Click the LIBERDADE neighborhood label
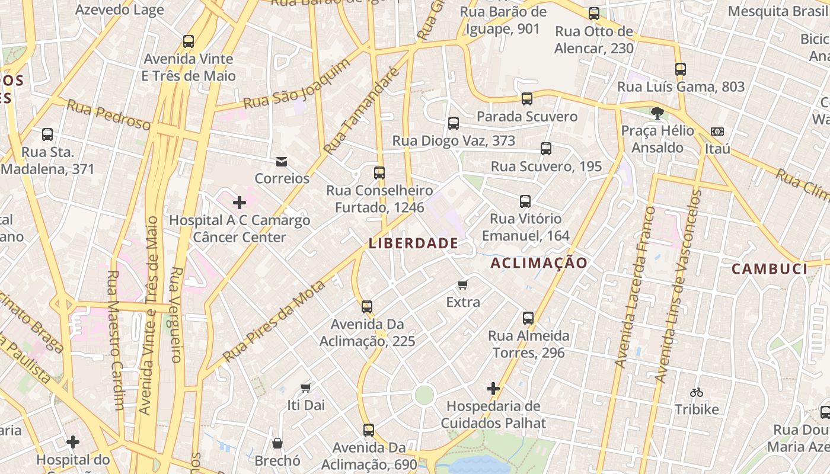(x=413, y=243)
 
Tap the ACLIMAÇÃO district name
(x=539, y=263)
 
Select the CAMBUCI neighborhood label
(x=769, y=269)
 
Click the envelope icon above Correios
(x=282, y=161)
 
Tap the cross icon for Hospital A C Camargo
(x=240, y=203)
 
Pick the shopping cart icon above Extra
(x=463, y=284)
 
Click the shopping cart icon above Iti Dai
(x=306, y=388)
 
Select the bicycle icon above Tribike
(x=697, y=392)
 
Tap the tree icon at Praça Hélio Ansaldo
(x=657, y=113)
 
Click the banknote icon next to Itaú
(x=717, y=132)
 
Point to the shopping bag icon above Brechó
(x=277, y=443)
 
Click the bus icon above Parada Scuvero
(x=527, y=99)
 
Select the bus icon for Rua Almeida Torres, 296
(x=528, y=318)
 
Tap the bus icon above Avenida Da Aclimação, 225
(x=367, y=307)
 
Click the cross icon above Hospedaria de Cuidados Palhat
(x=493, y=389)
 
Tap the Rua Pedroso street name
(x=108, y=114)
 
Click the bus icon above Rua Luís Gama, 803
(x=681, y=69)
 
